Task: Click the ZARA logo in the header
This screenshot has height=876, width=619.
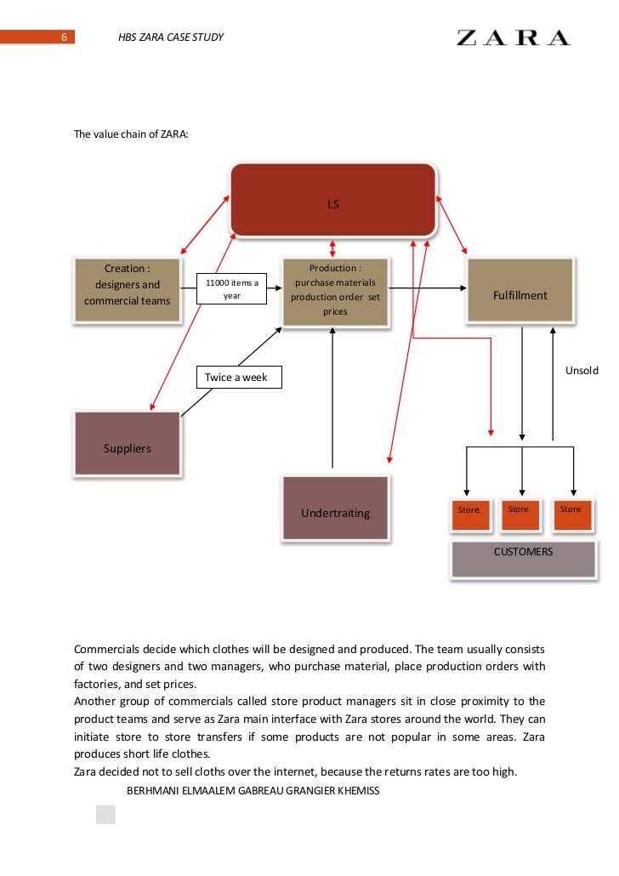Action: (x=514, y=37)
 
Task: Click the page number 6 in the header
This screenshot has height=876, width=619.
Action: (x=64, y=37)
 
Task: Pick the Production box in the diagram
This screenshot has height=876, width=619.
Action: (x=336, y=291)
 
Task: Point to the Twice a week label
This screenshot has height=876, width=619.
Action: (x=237, y=377)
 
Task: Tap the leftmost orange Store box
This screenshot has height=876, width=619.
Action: (x=469, y=513)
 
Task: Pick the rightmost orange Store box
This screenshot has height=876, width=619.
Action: (x=571, y=513)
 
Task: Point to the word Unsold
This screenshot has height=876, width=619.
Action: (x=582, y=370)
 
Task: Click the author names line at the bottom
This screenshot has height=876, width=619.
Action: (x=253, y=791)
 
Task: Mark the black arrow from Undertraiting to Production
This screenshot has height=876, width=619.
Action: (x=332, y=400)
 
